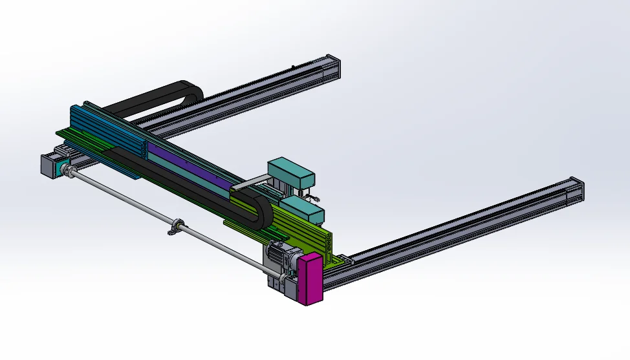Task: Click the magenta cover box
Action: point(310,278)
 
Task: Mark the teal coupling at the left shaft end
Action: point(67,171)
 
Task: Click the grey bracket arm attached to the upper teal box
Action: point(249,184)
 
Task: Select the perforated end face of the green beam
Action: point(329,242)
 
